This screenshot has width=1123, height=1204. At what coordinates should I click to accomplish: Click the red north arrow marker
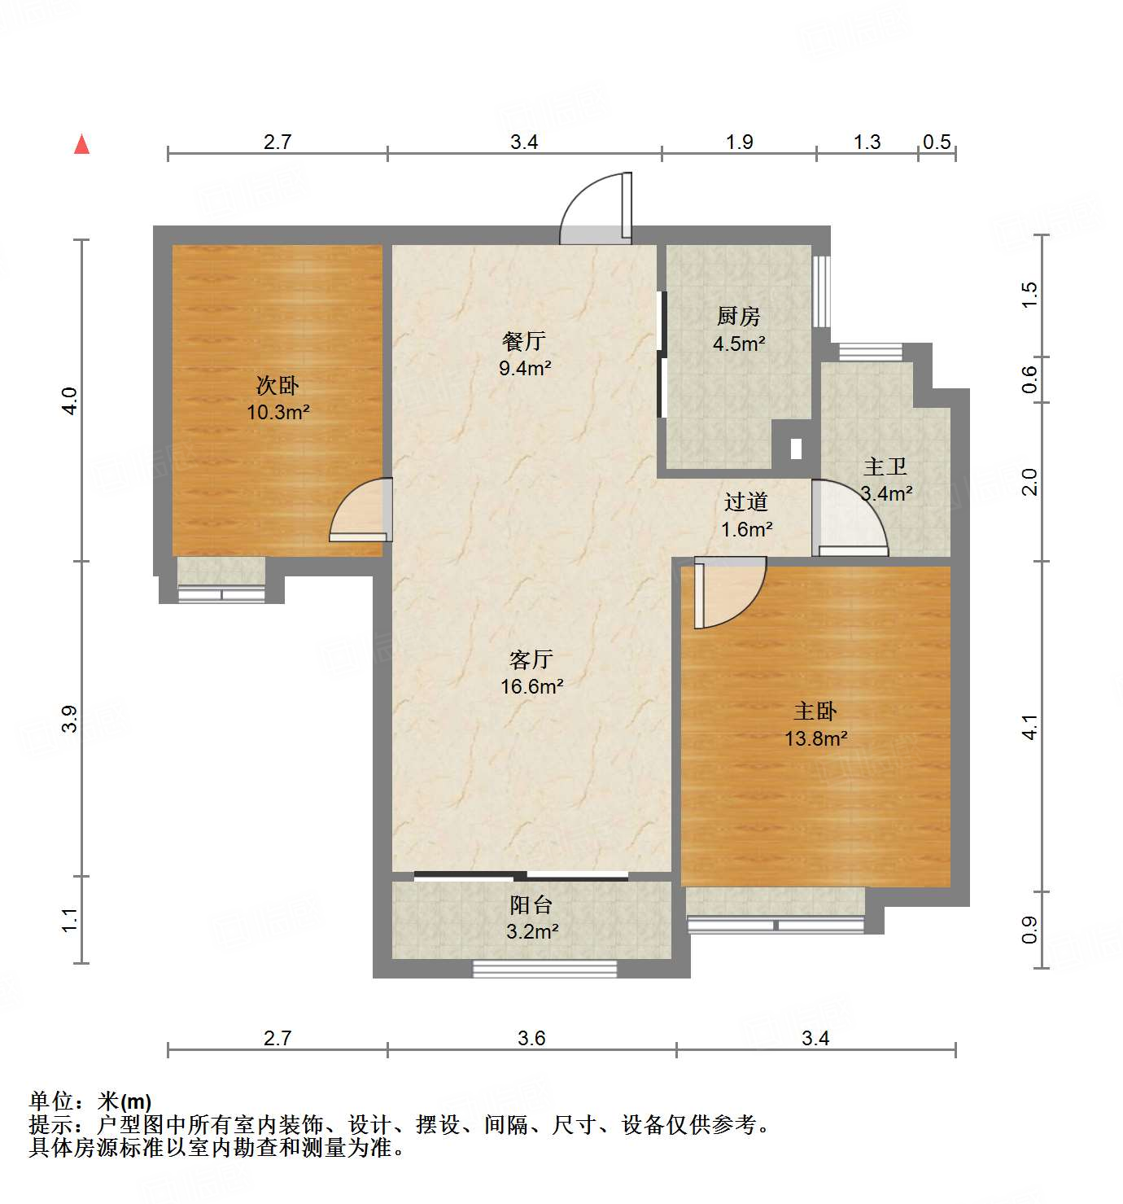click(81, 144)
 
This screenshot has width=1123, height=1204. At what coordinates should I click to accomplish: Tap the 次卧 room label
click(277, 385)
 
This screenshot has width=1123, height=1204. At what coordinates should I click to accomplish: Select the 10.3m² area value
click(277, 412)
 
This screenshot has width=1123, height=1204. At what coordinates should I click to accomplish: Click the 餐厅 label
click(523, 341)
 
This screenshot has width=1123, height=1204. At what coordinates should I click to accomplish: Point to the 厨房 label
click(738, 316)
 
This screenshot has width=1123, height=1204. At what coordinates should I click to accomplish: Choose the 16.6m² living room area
click(531, 686)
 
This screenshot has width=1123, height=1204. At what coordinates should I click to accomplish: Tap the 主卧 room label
click(815, 711)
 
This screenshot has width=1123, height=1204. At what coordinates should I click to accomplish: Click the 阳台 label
click(531, 904)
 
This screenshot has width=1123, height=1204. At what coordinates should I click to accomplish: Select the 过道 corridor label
click(745, 502)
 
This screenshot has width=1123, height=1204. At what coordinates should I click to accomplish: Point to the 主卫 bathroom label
click(885, 466)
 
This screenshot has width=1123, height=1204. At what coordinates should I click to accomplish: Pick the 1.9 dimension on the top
click(739, 142)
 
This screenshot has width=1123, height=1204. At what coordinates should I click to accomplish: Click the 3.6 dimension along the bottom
click(531, 1038)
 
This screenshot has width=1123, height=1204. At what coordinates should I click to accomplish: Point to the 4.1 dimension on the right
click(1029, 727)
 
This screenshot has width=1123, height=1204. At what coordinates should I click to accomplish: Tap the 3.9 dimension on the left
click(70, 718)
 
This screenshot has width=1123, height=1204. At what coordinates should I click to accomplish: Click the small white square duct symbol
click(796, 448)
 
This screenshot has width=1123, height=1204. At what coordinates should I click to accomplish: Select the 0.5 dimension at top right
click(937, 142)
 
